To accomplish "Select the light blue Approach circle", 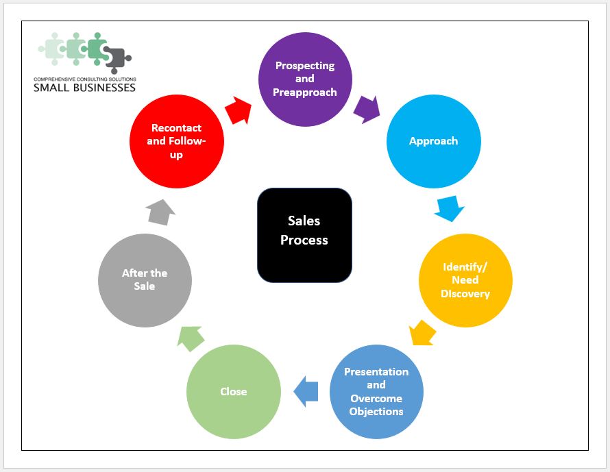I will tap(433, 141).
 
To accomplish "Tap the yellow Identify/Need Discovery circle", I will tap(465, 280).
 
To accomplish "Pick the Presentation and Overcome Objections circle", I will tap(376, 391).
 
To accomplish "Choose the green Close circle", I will tap(234, 391).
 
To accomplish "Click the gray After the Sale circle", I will tap(145, 280).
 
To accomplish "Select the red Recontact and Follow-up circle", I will tap(176, 141).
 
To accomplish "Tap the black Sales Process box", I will tap(304, 235).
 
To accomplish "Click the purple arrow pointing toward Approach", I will tap(367, 109).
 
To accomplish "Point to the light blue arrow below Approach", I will tap(450, 209).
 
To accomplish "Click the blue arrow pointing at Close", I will tap(306, 391).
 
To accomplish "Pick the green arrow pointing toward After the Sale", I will tap(191, 337).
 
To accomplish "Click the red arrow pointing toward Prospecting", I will tap(238, 110).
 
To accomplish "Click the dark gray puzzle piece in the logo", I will tap(119, 60).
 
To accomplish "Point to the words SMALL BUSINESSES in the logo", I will tap(84, 87).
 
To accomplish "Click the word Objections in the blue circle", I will tap(376, 411).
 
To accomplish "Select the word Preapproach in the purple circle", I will tap(305, 92).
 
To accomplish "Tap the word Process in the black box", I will tap(304, 240).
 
